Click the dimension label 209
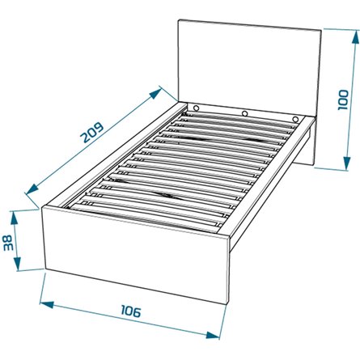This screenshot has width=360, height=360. click(92, 133)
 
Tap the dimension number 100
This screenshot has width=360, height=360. click(343, 100)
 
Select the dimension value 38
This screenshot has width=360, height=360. click(7, 243)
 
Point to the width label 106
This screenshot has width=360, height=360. click(131, 311)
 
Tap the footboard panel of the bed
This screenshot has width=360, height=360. click(136, 255)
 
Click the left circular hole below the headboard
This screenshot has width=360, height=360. click(197, 108)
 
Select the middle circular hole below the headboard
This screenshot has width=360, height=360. click(244, 113)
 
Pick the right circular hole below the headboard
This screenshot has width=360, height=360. click(295, 119)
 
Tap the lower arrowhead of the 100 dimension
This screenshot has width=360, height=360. click(347, 162)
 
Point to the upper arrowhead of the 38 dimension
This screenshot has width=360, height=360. click(14, 218)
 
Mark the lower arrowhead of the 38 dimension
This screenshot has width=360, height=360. click(17, 263)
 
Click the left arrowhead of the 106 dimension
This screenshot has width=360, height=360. click(47, 304)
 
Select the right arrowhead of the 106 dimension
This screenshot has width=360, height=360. click(213, 335)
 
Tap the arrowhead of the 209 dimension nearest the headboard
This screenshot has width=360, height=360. click(155, 94)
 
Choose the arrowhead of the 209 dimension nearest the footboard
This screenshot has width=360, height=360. click(33, 188)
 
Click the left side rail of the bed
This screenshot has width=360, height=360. click(114, 155)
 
